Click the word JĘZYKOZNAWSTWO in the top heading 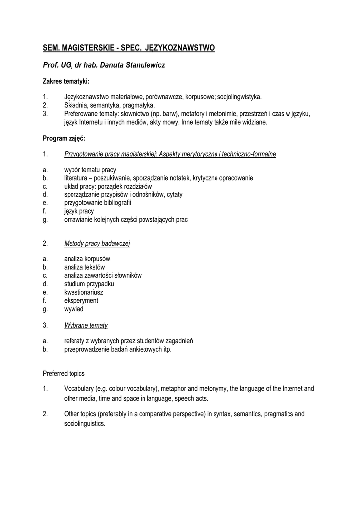tap(180, 48)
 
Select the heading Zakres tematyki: tap(66, 81)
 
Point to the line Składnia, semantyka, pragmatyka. tap(109, 105)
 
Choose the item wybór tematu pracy tap(90, 170)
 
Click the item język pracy tap(79, 211)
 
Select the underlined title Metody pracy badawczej tap(97, 244)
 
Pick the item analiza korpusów tap(87, 259)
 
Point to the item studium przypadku tap(89, 284)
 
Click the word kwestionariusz tap(83, 292)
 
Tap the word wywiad tap(74, 309)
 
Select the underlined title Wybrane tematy tap(86, 325)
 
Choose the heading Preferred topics tap(64, 373)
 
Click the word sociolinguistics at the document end tap(85, 424)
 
